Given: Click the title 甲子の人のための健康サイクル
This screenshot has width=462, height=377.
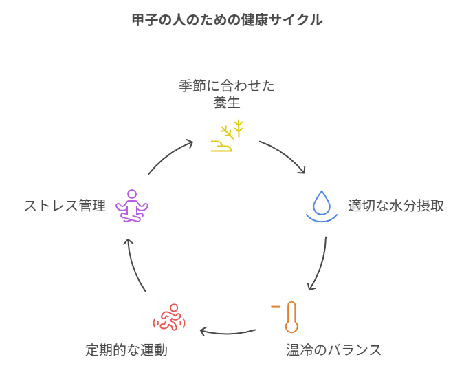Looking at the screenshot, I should pyautogui.click(x=227, y=20).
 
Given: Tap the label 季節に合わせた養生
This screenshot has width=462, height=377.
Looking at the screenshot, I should pyautogui.click(x=227, y=94).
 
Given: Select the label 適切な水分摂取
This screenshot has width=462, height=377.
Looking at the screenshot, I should pyautogui.click(x=395, y=206).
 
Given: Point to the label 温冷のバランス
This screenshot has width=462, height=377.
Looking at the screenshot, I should pyautogui.click(x=333, y=350).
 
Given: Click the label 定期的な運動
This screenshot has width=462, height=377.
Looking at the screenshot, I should pyautogui.click(x=126, y=350).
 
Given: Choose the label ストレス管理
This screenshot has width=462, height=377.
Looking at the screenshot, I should pyautogui.click(x=65, y=206).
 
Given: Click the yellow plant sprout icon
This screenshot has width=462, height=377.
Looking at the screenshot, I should pyautogui.click(x=227, y=136).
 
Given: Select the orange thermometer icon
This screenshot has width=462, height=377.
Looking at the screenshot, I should pyautogui.click(x=291, y=316).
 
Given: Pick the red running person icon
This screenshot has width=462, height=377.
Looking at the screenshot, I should pyautogui.click(x=169, y=318).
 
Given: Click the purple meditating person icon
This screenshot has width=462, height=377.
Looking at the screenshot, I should pyautogui.click(x=132, y=206).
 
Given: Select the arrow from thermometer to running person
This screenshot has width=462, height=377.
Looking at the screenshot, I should pyautogui.click(x=227, y=334).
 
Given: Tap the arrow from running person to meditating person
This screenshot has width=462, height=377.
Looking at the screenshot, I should pyautogui.click(x=135, y=265).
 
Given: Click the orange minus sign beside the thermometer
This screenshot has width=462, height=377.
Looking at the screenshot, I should pyautogui.click(x=275, y=305).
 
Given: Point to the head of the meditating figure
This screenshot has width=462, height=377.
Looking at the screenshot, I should pyautogui.click(x=132, y=194).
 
